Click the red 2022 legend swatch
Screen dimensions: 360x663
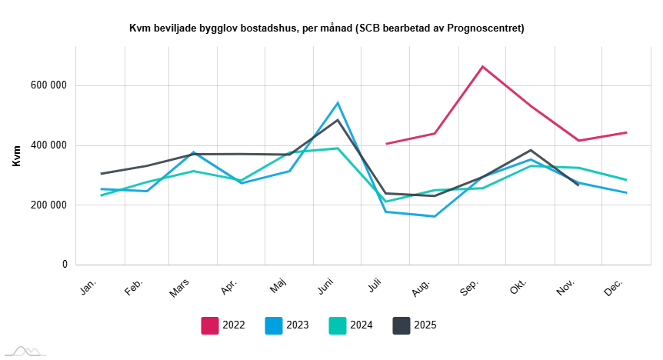coord(210,325)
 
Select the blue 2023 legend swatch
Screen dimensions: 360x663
coord(274,325)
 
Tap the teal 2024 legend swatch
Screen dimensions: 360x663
coord(338,325)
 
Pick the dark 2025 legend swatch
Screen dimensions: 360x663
coord(401,325)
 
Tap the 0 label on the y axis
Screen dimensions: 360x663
coord(65,265)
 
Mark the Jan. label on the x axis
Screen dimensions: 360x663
coord(88,286)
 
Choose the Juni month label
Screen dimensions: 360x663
coord(327,287)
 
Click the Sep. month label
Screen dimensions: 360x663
coord(470,286)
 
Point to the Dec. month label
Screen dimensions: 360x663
coord(614,286)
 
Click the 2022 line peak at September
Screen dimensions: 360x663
coord(482,67)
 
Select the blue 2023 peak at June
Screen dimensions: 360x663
coord(338,103)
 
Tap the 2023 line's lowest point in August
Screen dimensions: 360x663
coord(435,216)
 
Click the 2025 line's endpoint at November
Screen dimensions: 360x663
coord(578,185)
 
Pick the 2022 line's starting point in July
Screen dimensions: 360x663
coord(387,144)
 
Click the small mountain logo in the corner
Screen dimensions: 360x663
coord(23,351)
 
